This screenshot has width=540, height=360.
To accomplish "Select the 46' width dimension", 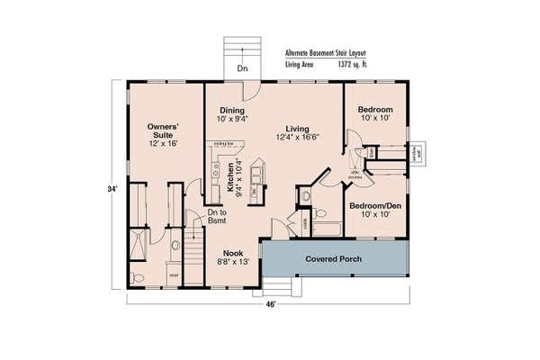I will tap(270, 304).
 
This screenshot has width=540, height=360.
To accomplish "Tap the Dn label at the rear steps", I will tap(242, 68).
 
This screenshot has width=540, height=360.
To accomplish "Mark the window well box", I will tap(419, 155).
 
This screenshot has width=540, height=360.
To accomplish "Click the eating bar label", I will tap(223, 143).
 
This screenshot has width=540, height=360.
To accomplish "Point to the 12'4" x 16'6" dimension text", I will tap(297, 137).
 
